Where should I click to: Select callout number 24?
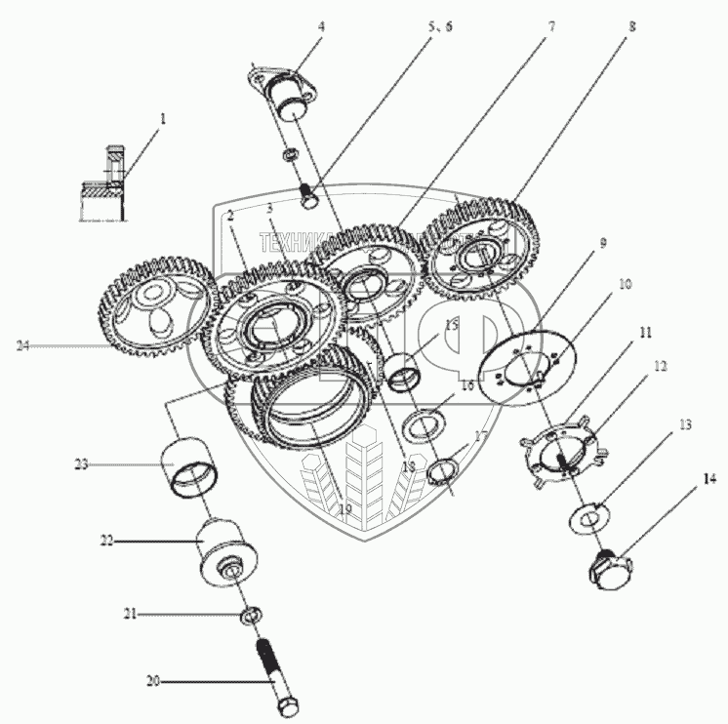click(x=23, y=344)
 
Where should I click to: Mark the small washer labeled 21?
click(x=250, y=615)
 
